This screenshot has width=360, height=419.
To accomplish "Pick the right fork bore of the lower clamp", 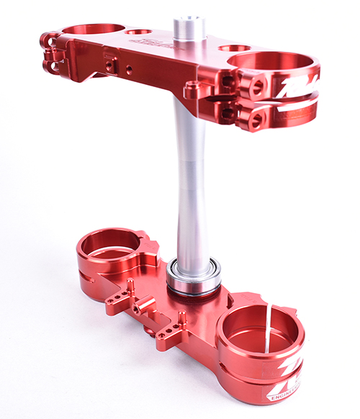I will coord(258,332).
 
